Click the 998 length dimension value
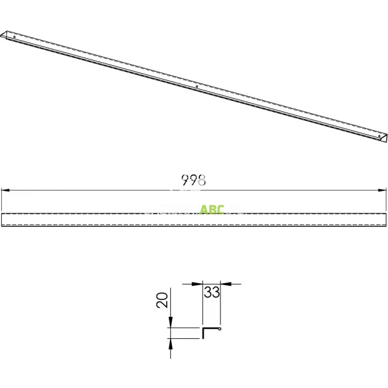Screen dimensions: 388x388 tap(193, 180)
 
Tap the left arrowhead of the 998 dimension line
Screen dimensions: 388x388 tap(5, 190)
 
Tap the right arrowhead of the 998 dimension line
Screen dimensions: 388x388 tap(382, 190)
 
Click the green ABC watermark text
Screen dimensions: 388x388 tap(212, 210)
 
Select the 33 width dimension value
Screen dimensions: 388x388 tap(211, 292)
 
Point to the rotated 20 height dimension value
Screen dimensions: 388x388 tap(162, 300)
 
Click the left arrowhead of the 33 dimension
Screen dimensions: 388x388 tap(197, 284)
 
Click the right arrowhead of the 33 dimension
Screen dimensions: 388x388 tap(226, 284)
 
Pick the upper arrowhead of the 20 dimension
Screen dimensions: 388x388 tap(170, 322)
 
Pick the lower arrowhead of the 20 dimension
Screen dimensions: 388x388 tap(170, 344)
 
